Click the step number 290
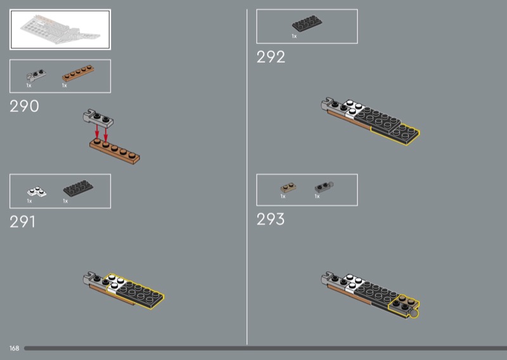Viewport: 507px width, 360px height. coord(24,106)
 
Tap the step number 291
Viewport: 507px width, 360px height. coord(22,222)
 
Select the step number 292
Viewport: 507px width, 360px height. coord(271,57)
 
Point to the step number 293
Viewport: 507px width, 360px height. coord(271,219)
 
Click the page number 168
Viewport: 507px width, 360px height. coord(14,348)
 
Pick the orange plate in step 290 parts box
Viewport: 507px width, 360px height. coord(78,73)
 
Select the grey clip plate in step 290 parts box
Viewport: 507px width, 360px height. coord(36,75)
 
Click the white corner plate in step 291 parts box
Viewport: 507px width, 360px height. coord(37,191)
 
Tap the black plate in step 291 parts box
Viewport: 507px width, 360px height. coord(78,188)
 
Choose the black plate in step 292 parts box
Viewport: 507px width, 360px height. coord(307,23)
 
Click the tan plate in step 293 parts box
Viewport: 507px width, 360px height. coord(288,188)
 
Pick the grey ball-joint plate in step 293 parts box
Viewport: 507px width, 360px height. coord(324,186)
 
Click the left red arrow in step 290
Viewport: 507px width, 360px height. coord(97,131)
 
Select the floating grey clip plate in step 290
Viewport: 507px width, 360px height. coord(98,119)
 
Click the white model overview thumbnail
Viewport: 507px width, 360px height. coord(60,29)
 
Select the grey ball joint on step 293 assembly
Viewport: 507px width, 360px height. coord(414,314)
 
